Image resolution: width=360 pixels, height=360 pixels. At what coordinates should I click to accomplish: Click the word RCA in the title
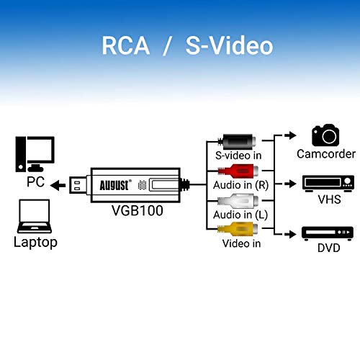pyautogui.click(x=126, y=45)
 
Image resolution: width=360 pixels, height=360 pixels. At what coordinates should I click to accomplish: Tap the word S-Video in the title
pyautogui.click(x=230, y=45)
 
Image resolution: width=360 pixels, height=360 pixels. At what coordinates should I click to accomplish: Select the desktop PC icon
pyautogui.click(x=35, y=154)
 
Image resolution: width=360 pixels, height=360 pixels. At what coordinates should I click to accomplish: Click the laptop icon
pyautogui.click(x=35, y=216)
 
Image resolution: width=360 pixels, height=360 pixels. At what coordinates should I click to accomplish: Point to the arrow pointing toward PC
pyautogui.click(x=58, y=185)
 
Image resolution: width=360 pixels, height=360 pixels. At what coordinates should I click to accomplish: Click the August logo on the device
pyautogui.click(x=115, y=185)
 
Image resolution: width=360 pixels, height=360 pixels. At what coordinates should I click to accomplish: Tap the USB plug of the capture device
pyautogui.click(x=78, y=185)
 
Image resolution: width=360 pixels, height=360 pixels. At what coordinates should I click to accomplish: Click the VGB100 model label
pyautogui.click(x=138, y=210)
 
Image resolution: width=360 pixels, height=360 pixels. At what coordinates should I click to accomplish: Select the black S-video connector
pyautogui.click(x=237, y=142)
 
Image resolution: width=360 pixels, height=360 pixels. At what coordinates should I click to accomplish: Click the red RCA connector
pyautogui.click(x=238, y=171)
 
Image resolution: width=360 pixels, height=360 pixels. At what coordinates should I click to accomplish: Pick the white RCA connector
pyautogui.click(x=238, y=201)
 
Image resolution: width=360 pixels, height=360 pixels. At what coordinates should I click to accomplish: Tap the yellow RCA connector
pyautogui.click(x=238, y=228)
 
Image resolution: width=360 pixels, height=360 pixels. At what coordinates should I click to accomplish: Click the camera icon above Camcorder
pyautogui.click(x=325, y=135)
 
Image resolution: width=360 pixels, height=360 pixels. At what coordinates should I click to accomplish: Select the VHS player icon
pyautogui.click(x=328, y=184)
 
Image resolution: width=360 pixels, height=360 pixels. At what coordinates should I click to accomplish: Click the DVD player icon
pyautogui.click(x=328, y=233)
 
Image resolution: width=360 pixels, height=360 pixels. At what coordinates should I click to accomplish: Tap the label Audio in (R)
pyautogui.click(x=240, y=185)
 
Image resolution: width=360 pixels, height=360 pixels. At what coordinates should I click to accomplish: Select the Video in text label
pyautogui.click(x=241, y=243)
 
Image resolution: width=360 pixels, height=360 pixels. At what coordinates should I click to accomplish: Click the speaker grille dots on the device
pyautogui.click(x=143, y=185)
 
